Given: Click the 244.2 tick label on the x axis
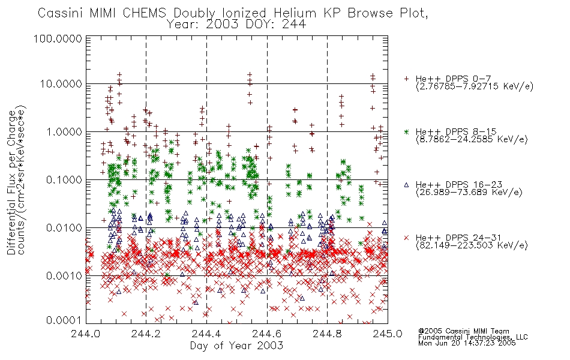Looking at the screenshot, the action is pos(146,334).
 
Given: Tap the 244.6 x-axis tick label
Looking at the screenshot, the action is pos(267,334).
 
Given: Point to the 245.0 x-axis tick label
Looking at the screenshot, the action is pos(388,334).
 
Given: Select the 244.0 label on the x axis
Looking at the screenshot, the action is pos(85,334).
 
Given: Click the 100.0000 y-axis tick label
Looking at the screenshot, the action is pos(58,38).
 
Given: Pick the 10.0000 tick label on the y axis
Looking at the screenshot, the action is pos(61,84).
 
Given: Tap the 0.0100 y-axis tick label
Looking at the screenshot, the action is pos(64,228).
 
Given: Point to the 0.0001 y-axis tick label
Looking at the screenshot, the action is pos(64,320).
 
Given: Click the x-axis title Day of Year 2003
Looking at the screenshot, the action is pos(236,346).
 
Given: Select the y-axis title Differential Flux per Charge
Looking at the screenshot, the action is pos(11,182).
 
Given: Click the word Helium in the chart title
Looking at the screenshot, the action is pos(295,13).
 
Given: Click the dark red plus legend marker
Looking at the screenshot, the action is pos(406,79).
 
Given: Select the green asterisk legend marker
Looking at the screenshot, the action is pos(406,131).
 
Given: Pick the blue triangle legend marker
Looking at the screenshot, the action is pos(406,185).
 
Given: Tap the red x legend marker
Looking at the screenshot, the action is pos(406,238).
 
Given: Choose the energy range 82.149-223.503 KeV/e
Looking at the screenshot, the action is pos(472,245).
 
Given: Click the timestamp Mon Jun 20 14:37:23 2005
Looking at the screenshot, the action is pos(467,343).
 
